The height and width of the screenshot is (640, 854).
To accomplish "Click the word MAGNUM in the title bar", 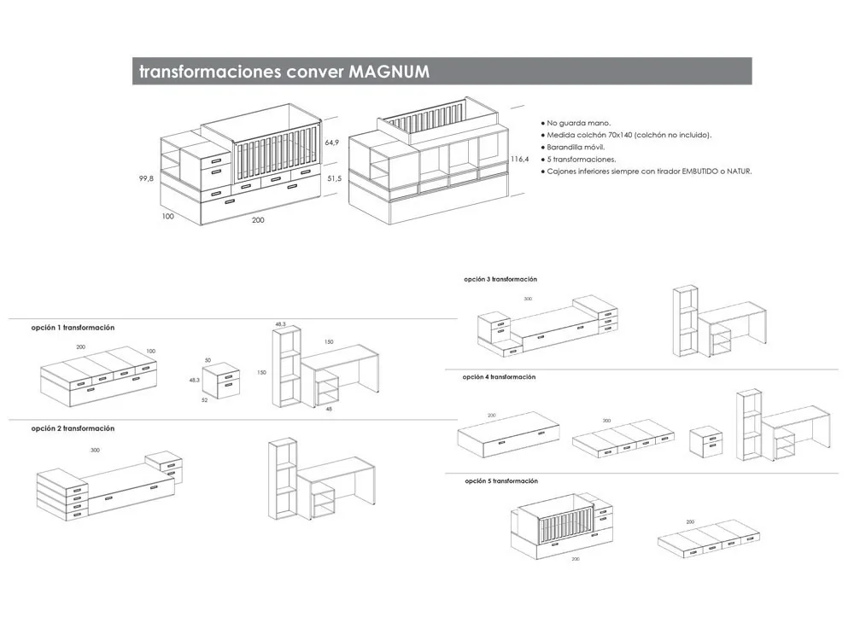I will point(389,72).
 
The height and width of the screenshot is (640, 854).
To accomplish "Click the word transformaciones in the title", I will point(208,72).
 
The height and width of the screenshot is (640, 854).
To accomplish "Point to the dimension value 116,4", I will point(519,160).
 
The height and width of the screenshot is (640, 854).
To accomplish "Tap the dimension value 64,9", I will point(333,143).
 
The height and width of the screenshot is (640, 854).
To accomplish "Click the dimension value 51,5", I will point(334,178).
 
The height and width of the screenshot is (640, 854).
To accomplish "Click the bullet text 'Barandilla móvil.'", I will point(576,147).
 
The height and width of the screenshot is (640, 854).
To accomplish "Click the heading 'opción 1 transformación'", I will point(73,328).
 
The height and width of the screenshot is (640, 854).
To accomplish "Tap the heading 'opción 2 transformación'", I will point(73,428).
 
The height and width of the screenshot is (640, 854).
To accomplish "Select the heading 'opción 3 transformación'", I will point(500,279).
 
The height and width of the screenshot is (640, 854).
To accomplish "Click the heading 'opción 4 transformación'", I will point(499,376).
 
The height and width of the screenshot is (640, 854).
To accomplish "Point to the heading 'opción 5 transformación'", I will point(501,481).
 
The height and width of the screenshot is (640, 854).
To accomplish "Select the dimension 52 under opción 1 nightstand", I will point(205,399).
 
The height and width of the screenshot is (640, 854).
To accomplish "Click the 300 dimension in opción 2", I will point(95,449).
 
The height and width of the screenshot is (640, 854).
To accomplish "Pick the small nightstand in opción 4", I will point(706,442).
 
